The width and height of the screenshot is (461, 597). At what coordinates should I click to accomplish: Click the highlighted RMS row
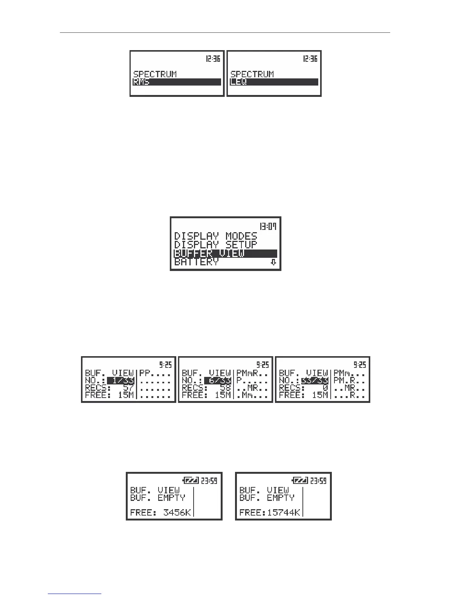[177, 82]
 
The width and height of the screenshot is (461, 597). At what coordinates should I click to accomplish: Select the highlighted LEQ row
[274, 82]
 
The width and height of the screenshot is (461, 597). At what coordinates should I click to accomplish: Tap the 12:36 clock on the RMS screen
[213, 59]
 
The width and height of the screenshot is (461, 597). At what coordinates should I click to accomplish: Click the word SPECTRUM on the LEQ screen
[252, 74]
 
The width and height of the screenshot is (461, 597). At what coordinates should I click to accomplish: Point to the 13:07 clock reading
[269, 226]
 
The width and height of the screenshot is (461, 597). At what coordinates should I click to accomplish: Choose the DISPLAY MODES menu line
[215, 236]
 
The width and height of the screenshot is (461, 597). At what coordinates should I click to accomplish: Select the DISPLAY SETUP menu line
[215, 245]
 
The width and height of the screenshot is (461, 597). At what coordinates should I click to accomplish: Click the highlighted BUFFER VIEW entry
[225, 253]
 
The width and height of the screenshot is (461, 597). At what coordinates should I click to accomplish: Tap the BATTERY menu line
[196, 262]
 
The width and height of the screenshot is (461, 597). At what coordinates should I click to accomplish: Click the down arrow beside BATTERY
[273, 262]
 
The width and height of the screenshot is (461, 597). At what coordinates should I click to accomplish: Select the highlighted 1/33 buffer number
[121, 380]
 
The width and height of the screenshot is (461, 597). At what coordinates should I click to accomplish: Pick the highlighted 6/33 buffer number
[218, 380]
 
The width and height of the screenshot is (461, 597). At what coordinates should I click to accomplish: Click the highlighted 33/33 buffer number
[315, 380]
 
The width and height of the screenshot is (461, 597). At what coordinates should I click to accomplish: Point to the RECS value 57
[128, 388]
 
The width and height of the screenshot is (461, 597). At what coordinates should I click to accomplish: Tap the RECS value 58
[225, 388]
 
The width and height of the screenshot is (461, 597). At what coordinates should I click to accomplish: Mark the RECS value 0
[325, 388]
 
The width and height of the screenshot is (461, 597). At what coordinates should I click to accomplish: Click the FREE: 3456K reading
[161, 512]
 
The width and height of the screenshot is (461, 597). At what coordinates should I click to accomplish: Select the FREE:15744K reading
[270, 512]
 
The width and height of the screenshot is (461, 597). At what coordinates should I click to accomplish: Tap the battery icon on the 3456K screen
[190, 481]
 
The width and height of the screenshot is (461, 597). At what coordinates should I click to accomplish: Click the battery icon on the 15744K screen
[300, 481]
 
